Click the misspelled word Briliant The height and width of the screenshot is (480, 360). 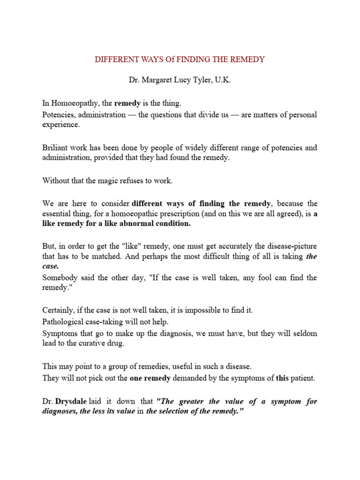[56, 148]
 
